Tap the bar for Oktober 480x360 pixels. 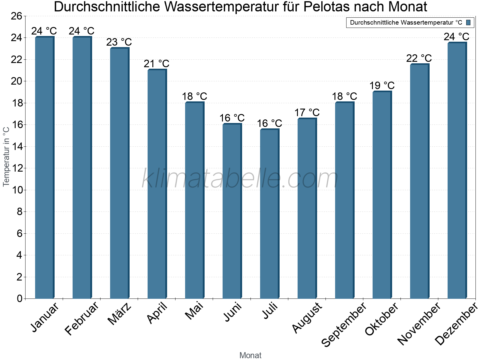point(382,195)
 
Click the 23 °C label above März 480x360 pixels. point(119,42)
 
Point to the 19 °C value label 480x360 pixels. point(382,85)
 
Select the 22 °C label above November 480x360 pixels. point(419,58)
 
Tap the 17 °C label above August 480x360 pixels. point(307,113)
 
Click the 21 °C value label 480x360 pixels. point(157,64)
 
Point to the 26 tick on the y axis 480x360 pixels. point(16,16)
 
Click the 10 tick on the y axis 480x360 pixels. point(16,190)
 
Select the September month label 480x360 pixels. point(344,324)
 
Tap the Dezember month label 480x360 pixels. point(456,324)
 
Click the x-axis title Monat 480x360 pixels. point(250,355)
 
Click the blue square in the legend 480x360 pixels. point(468,22)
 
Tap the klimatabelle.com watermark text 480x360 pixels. point(240,179)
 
